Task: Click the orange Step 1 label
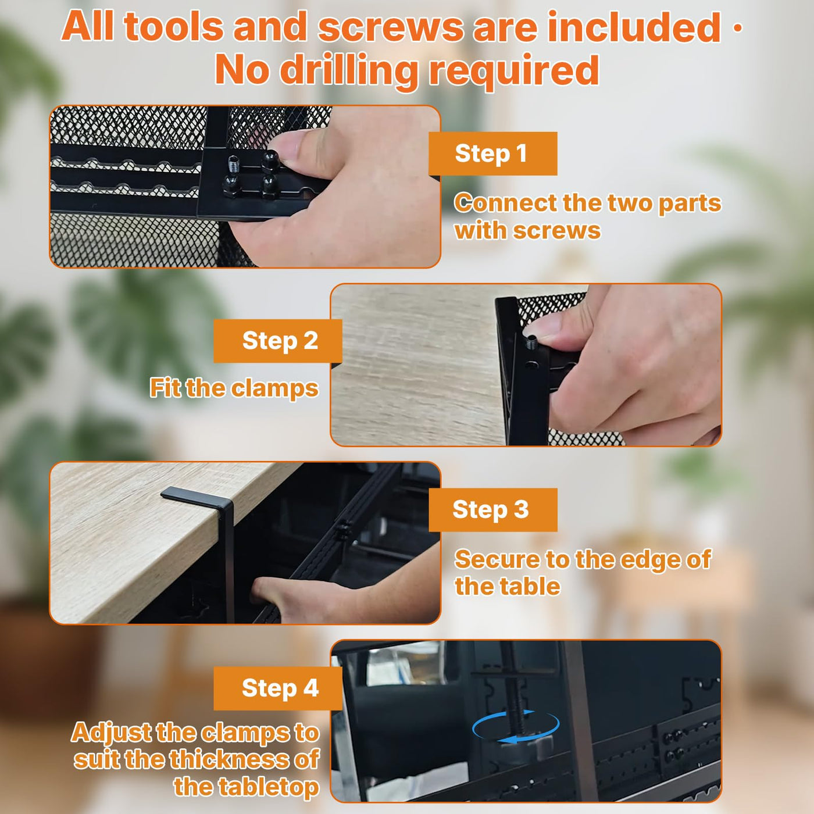click(492, 153)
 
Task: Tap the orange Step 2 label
click(278, 341)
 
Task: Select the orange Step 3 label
click(492, 509)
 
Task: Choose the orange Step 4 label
click(278, 688)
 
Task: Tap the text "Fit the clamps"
click(234, 388)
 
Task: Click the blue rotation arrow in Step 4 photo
click(516, 726)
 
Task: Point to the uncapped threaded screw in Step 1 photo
click(232, 164)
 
